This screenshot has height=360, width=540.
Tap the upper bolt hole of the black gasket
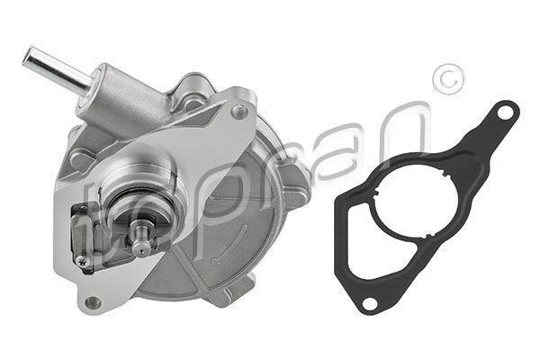pos(506,114)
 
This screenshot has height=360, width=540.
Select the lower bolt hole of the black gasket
pos(368,302)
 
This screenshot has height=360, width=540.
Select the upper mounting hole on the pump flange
pos(238,112)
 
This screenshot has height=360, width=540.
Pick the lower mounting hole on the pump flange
pos(91,301)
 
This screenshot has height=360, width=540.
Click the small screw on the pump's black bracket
pos(82,262)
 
